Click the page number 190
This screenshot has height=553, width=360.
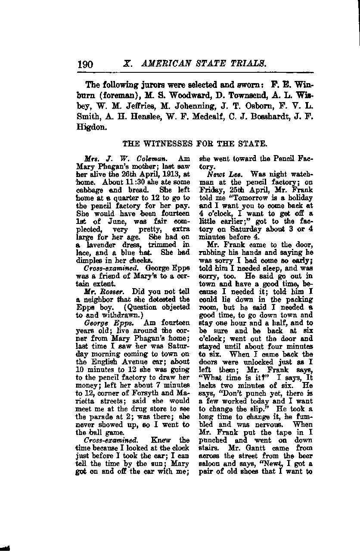[85, 65]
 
